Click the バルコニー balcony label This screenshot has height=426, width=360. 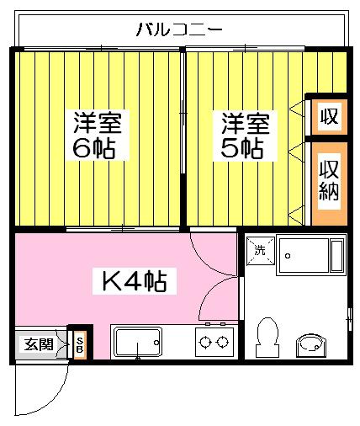pyautogui.click(x=179, y=29)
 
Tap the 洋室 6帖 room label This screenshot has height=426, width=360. pyautogui.click(x=98, y=135)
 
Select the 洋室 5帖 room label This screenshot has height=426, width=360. pyautogui.click(x=246, y=136)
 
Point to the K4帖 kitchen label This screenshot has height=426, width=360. pyautogui.click(x=135, y=281)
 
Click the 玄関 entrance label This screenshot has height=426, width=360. pyautogui.click(x=39, y=344)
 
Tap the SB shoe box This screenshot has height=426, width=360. pyautogui.click(x=80, y=345)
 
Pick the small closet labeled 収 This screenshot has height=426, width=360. pyautogui.click(x=330, y=117)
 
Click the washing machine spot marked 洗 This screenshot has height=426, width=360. pyautogui.click(x=260, y=250)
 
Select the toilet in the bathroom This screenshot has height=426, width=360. pyautogui.click(x=267, y=338)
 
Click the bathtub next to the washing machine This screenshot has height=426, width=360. pyautogui.click(x=310, y=255)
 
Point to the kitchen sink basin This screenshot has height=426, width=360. pyautogui.click(x=138, y=343)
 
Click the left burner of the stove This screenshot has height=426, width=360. pyautogui.click(x=205, y=343)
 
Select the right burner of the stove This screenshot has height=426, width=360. pyautogui.click(x=223, y=343)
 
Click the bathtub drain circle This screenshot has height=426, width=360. pyautogui.click(x=288, y=256)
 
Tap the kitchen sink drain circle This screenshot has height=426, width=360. pyautogui.click(x=156, y=343)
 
